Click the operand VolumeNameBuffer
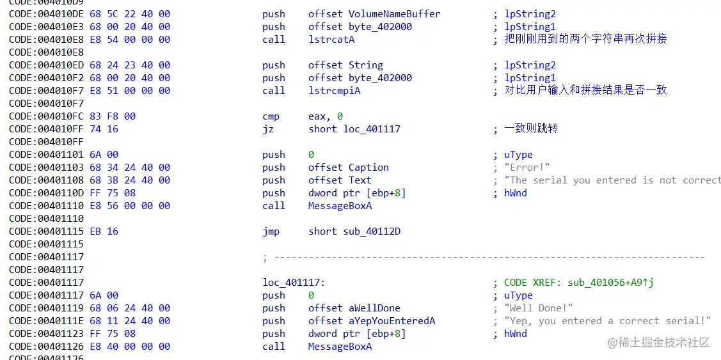(x=394, y=14)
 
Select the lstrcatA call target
(x=331, y=40)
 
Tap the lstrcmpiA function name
(x=334, y=91)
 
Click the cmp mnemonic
(x=271, y=116)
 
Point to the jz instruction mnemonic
(x=268, y=129)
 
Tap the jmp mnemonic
(x=271, y=231)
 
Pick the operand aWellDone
(x=374, y=308)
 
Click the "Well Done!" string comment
(x=538, y=308)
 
